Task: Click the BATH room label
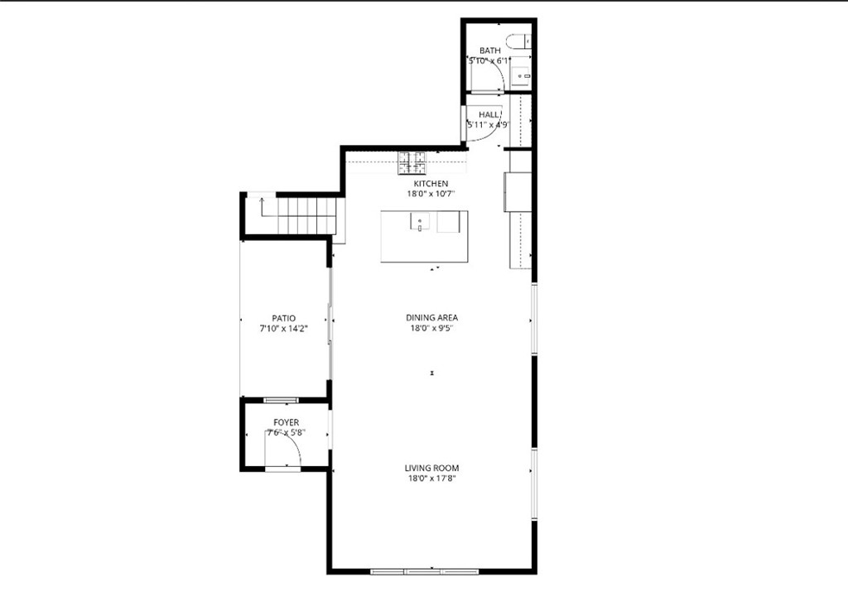tap(489, 51)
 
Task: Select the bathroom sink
tap(522, 77)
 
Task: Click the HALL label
tap(489, 115)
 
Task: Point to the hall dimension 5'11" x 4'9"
tap(488, 125)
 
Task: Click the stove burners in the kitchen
tap(412, 159)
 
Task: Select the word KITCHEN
tap(431, 184)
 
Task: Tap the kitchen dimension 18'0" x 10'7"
tap(431, 194)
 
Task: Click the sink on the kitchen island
tap(420, 223)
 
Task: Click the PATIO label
tap(283, 318)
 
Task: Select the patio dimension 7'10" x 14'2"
tap(283, 329)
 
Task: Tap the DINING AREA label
tap(431, 317)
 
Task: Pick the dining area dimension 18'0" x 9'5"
tap(431, 328)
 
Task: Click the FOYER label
tap(286, 422)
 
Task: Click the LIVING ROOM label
tap(431, 468)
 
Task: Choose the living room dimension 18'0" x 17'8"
tap(431, 479)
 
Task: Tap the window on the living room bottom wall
tap(423, 571)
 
